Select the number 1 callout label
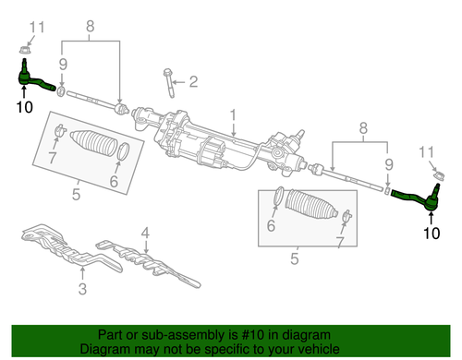click(x=233, y=115)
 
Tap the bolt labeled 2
click(x=169, y=83)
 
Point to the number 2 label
click(x=193, y=81)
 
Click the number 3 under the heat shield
click(x=82, y=289)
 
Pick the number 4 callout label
click(x=145, y=233)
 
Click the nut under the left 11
click(x=23, y=49)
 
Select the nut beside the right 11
click(x=439, y=175)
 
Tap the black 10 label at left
click(x=24, y=107)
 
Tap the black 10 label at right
click(x=432, y=233)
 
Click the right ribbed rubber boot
click(x=311, y=205)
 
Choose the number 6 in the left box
click(x=114, y=181)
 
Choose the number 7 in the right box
click(x=339, y=242)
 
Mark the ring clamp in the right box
click(x=278, y=196)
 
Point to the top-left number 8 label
click(x=90, y=27)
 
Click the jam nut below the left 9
click(x=61, y=91)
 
